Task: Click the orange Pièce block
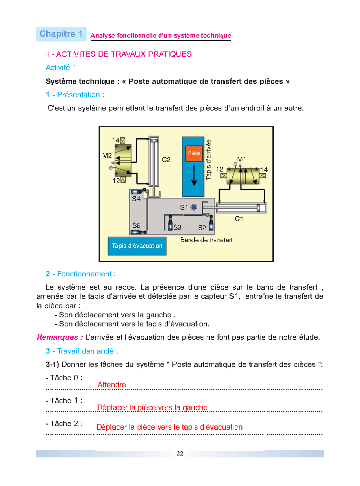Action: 194,153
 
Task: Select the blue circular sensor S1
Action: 194,207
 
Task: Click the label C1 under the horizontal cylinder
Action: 239,219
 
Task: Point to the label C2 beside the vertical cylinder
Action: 166,160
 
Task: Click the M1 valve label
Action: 241,159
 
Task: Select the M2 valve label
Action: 107,155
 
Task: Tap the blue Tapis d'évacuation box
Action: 137,246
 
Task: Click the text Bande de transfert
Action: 206,240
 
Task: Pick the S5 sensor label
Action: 136,225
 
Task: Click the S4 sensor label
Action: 136,199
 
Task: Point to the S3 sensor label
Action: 177,227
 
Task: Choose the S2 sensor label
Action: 202,228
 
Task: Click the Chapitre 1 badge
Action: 61,34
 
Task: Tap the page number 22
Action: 180,453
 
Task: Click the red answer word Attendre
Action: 111,385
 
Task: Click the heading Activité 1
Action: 60,68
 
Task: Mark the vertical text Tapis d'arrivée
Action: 208,159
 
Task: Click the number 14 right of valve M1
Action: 264,169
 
